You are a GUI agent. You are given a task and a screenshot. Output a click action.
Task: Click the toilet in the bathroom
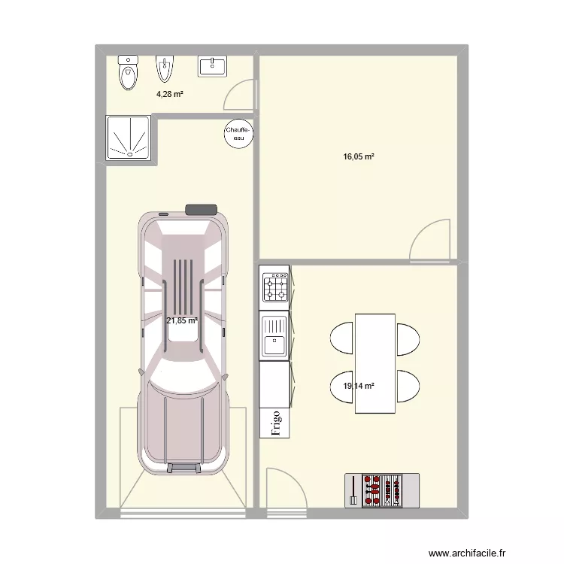point(129,71)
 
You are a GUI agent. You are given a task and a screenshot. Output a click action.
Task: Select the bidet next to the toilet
point(165,71)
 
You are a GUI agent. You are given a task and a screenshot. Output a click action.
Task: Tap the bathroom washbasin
point(212,66)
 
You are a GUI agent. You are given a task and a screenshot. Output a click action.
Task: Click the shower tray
point(129,138)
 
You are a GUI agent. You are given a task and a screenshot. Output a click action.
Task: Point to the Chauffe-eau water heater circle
point(239,133)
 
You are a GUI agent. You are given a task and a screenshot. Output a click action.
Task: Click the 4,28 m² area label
point(170,94)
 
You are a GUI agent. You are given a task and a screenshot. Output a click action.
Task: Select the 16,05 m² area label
point(359,157)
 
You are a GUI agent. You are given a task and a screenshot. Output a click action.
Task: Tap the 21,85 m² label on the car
point(182,320)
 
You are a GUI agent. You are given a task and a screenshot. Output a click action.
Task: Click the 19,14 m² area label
point(359,387)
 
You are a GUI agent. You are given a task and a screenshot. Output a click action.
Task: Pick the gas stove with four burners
point(275,287)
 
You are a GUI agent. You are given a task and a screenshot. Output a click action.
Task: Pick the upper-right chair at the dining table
point(408,338)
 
